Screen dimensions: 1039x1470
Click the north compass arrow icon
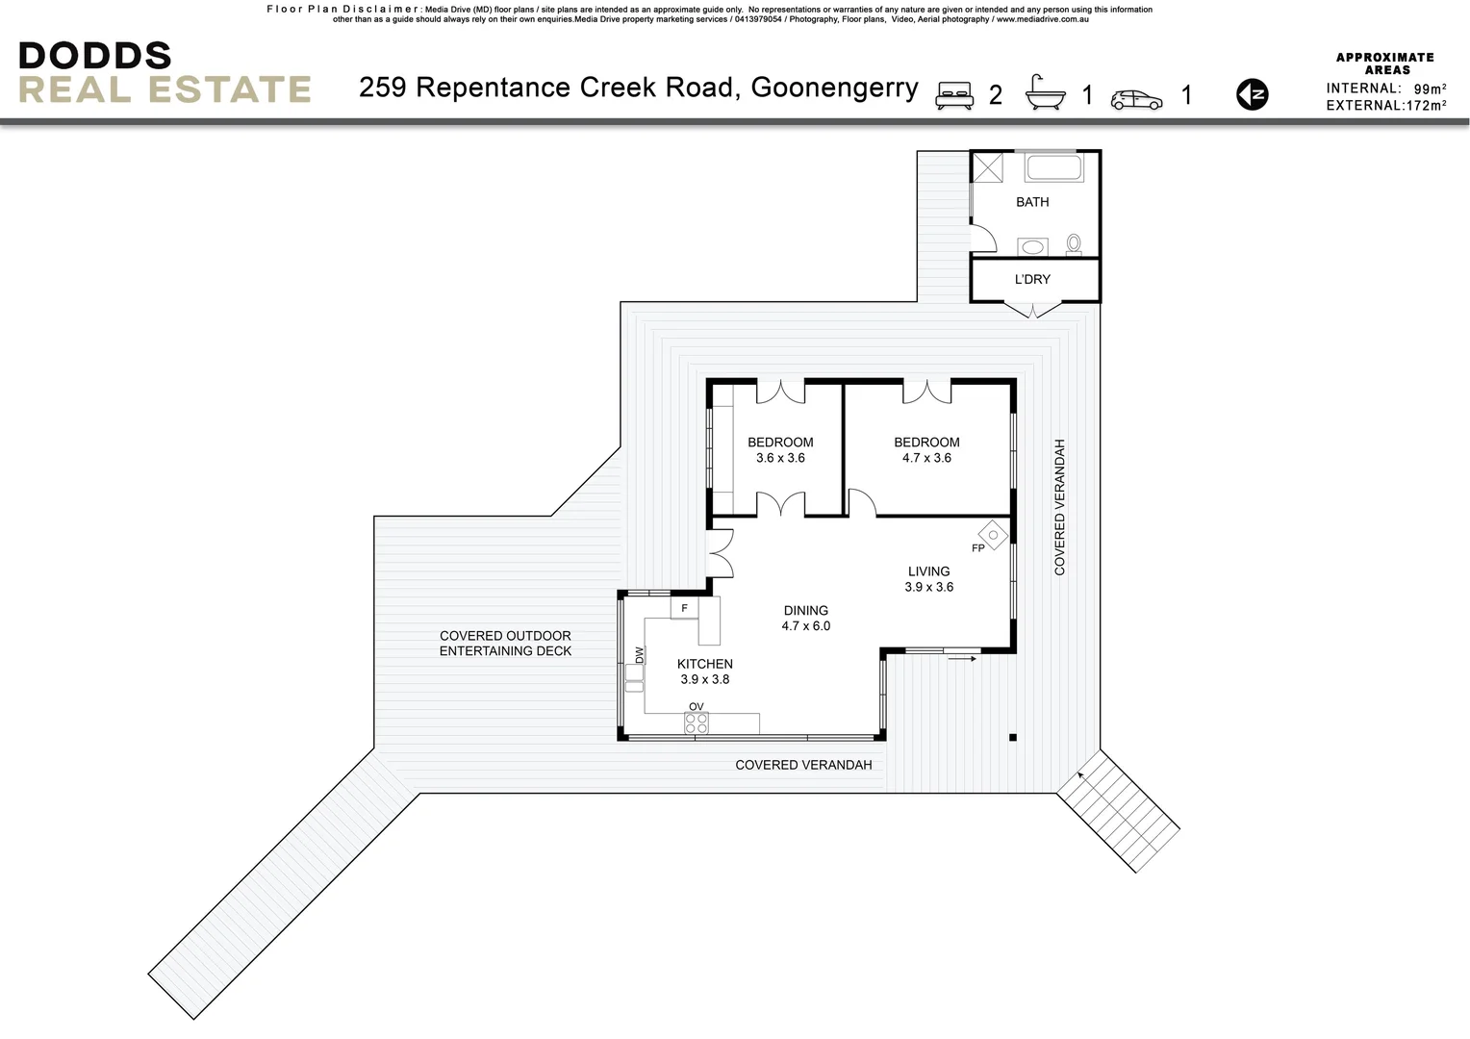[1252, 94]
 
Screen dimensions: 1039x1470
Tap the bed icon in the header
[954, 94]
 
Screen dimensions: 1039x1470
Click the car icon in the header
[1136, 99]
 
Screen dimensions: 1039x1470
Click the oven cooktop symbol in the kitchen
[697, 723]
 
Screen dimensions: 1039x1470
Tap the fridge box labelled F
[684, 608]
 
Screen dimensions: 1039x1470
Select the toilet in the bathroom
[1074, 244]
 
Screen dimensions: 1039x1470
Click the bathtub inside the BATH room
[1053, 167]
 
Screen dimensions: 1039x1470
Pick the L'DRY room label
[1032, 279]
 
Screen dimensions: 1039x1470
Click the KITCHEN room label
[704, 664]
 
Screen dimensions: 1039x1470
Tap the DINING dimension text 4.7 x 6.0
[805, 625]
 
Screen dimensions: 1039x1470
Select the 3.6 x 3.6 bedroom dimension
[780, 458]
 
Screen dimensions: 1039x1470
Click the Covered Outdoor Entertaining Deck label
[505, 643]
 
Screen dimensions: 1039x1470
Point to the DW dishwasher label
[639, 654]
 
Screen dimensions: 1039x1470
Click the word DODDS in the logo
[94, 56]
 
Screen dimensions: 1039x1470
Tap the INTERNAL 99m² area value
[1430, 89]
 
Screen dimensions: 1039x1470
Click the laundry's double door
[1033, 310]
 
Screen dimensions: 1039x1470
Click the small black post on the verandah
[1012, 738]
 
